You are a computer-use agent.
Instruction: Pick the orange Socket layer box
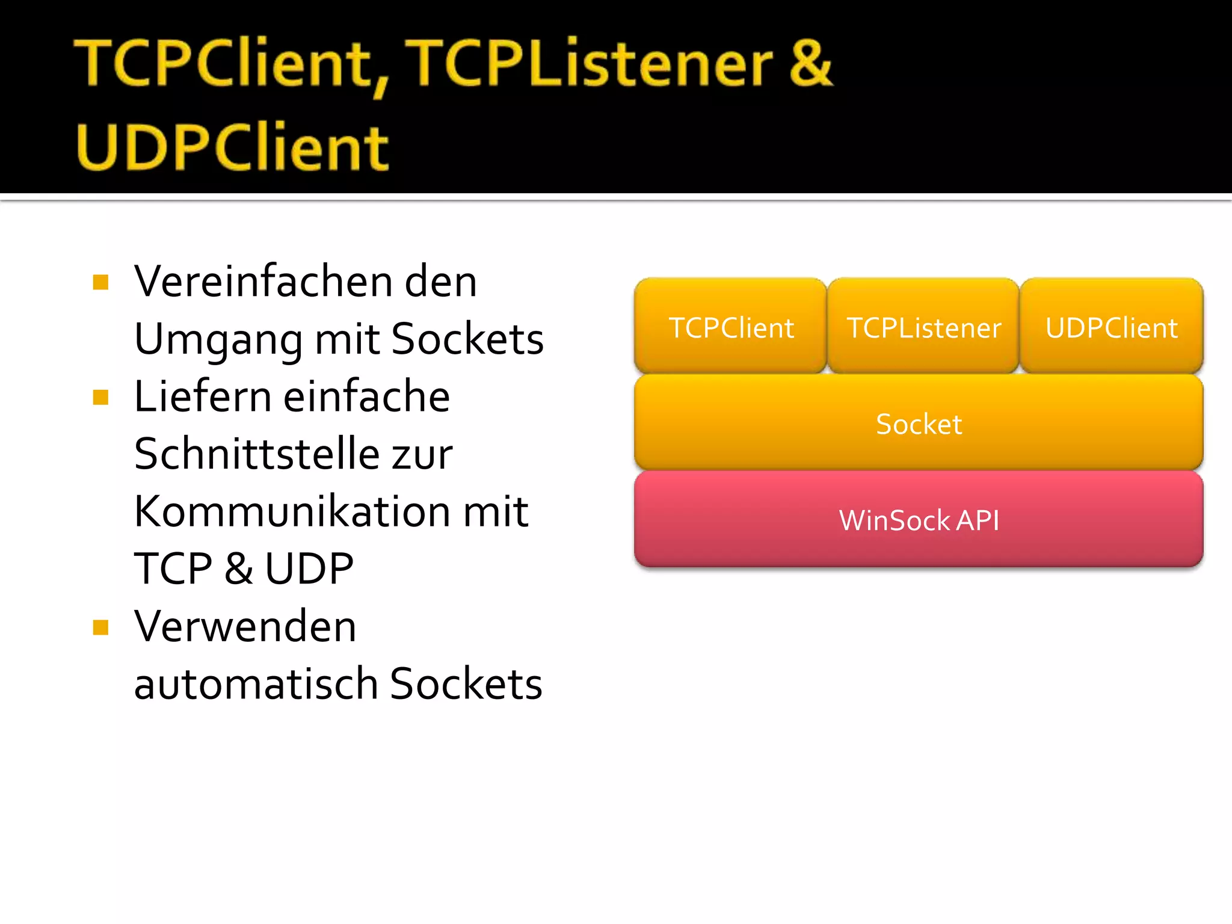point(919,423)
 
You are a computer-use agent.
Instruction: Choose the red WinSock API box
point(919,519)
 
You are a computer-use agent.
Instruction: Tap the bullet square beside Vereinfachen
point(100,282)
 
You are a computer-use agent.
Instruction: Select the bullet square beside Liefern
point(100,398)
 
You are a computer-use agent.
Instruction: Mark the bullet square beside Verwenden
point(100,627)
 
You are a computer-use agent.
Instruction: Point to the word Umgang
point(217,340)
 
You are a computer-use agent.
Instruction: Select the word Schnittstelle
point(256,454)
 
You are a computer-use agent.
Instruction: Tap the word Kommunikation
point(292,511)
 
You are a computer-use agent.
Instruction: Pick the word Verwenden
point(245,626)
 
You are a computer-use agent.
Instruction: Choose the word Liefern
point(203,396)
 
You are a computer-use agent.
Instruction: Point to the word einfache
point(366,396)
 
